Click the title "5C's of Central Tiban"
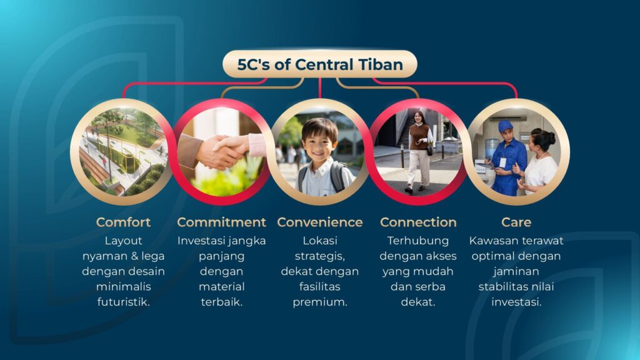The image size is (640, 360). [320, 64]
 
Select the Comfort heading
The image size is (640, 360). [123, 222]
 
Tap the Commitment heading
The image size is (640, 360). [222, 222]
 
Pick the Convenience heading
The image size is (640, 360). [320, 222]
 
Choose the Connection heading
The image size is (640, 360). [418, 222]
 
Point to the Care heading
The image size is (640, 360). [516, 222]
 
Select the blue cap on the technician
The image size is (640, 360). [504, 125]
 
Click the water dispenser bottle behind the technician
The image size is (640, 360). [491, 148]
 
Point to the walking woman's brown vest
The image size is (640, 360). [419, 137]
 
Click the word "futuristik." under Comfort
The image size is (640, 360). [123, 302]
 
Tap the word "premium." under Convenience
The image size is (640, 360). [320, 302]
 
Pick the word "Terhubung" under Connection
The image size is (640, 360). [418, 241]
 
